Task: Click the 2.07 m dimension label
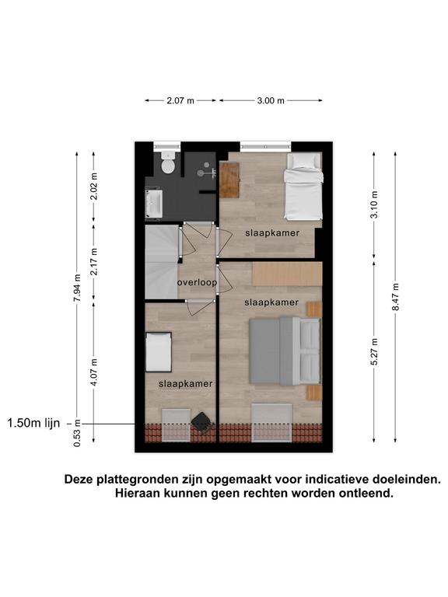pos(180,101)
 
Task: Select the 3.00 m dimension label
pos(271,101)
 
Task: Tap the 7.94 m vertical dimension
pos(77,288)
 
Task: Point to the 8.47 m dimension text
pos(396,297)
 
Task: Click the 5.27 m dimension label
pos(374,352)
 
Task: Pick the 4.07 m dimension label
pos(94,372)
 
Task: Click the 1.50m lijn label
pos(33,424)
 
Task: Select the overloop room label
pos(198,282)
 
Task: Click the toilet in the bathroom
pos(168,162)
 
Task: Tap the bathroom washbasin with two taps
pos(154,203)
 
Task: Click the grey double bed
pos(285,351)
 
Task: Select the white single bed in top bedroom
pos(303,187)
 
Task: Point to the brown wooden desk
pos(229,180)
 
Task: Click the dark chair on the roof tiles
pos(201,423)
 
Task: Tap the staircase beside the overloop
pos(162,262)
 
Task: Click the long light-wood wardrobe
pos(287,274)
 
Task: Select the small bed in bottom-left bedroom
pos(159,352)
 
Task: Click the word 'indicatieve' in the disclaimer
pos(337,479)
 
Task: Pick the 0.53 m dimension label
pos(77,433)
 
